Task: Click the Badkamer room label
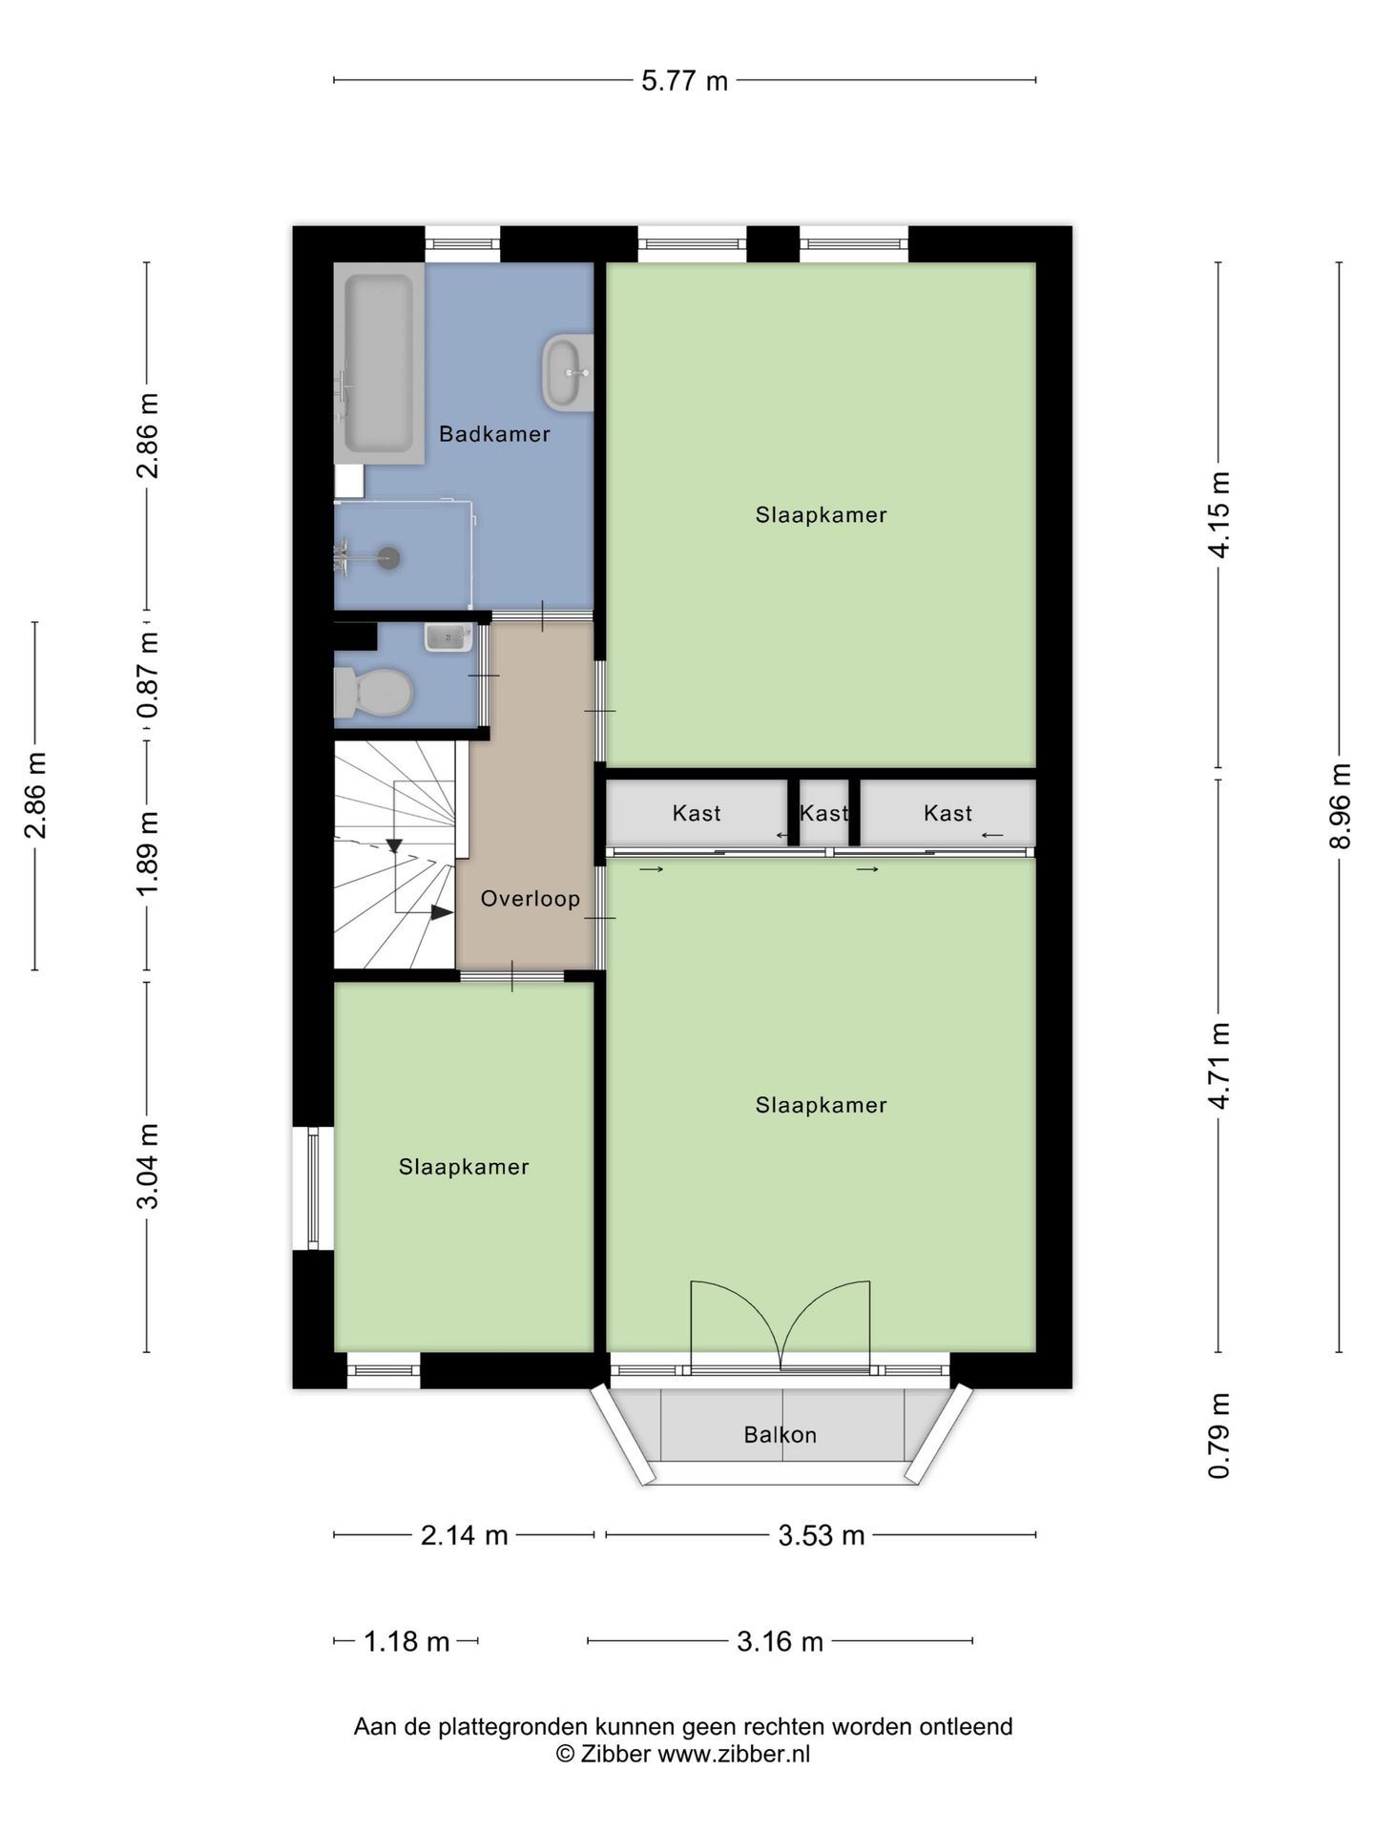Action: click(x=494, y=435)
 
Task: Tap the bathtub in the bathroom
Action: click(x=379, y=364)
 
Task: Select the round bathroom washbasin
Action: click(x=568, y=372)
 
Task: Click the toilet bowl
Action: click(x=372, y=692)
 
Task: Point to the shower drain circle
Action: click(x=388, y=558)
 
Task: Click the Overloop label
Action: click(x=531, y=899)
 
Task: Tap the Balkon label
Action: click(x=781, y=1435)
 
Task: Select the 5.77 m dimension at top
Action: click(x=684, y=81)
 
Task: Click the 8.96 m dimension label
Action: click(x=1341, y=806)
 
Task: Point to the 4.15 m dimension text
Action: click(x=1219, y=515)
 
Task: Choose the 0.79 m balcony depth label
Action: click(x=1219, y=1435)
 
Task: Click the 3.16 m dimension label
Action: click(x=780, y=1641)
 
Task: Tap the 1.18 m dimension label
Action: click(x=406, y=1641)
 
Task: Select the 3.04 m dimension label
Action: click(x=148, y=1166)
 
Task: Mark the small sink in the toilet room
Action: click(x=448, y=636)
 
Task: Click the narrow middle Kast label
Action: click(x=823, y=814)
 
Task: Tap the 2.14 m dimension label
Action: click(x=464, y=1535)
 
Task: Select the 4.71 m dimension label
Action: click(x=1219, y=1066)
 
